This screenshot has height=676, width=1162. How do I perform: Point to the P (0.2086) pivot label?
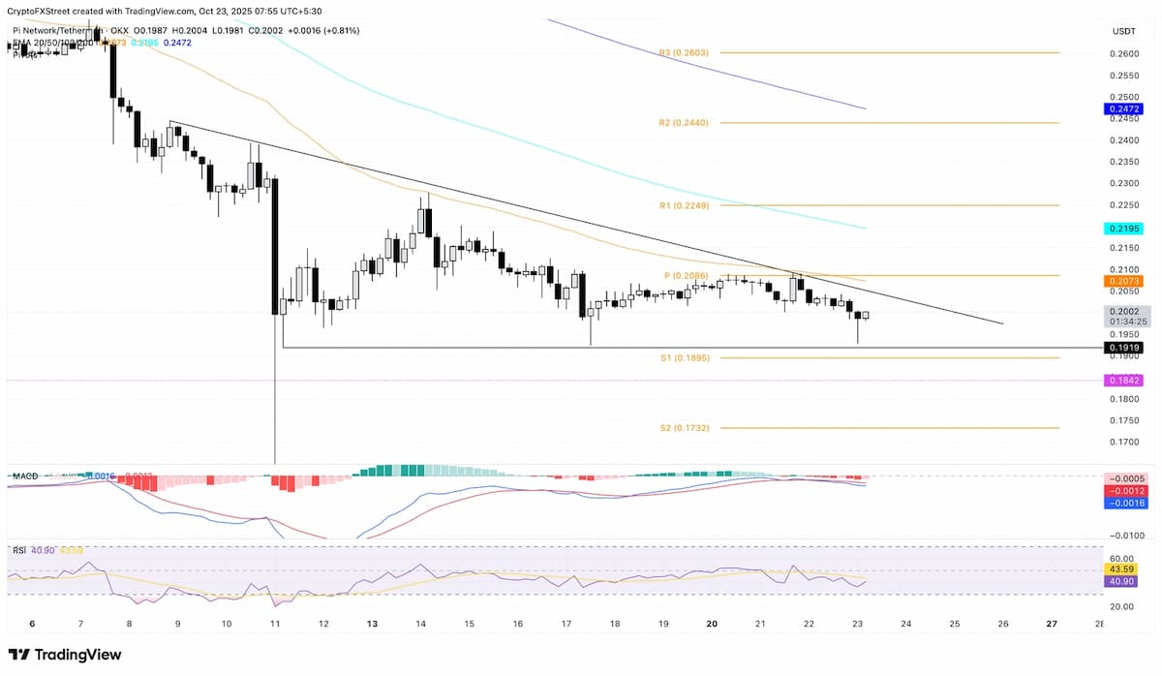coord(686,276)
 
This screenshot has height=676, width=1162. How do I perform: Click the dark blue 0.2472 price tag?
coord(1123,110)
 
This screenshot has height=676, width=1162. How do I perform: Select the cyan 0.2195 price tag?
coord(1123,230)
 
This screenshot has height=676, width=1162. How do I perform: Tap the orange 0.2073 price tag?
coord(1123,281)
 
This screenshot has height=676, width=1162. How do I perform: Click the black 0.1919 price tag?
coord(1123,348)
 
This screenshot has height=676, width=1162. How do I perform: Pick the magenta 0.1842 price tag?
coord(1123,382)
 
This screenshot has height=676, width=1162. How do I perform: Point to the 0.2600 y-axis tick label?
coord(1123,54)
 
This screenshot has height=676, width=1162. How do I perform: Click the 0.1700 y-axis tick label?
coord(1123,443)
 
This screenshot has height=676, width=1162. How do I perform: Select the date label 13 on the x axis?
coord(372,624)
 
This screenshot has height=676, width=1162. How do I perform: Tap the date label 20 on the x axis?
coord(711,624)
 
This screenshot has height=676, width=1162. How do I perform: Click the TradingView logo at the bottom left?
coord(66,655)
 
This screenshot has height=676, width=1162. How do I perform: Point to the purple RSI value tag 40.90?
coord(1123,581)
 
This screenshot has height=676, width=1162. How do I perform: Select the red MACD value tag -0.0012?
coord(1123,491)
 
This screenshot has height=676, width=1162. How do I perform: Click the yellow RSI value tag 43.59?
coord(1123,569)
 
